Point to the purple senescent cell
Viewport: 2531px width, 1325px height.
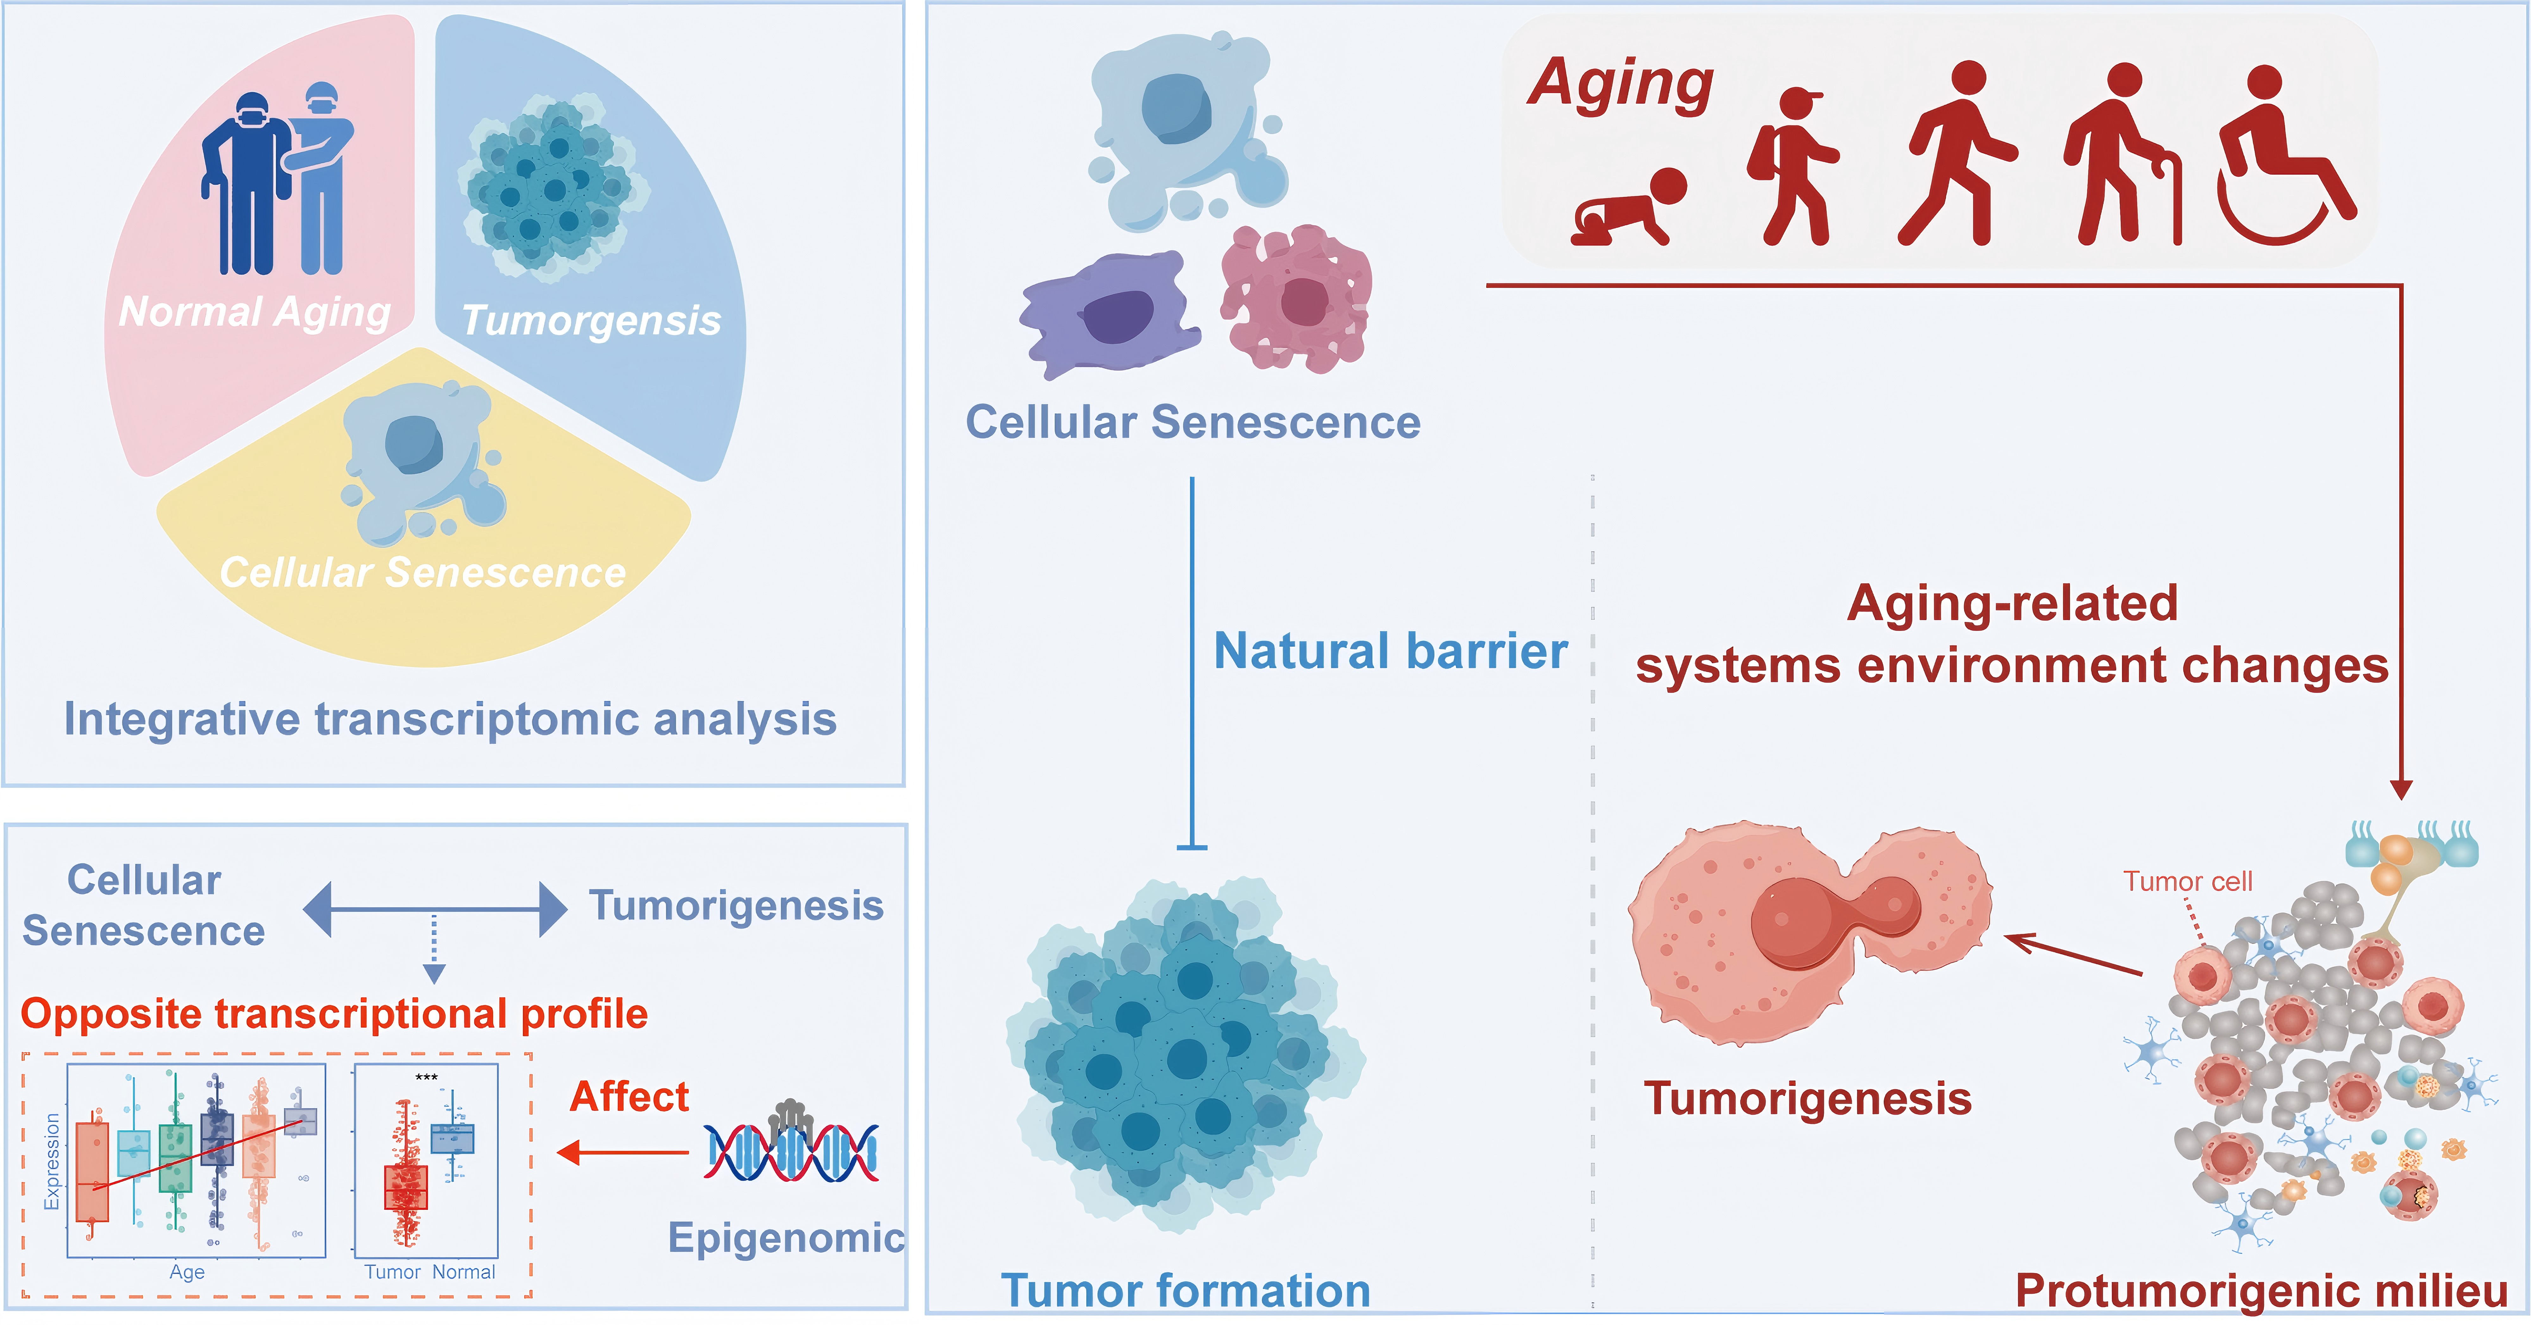(x=1110, y=314)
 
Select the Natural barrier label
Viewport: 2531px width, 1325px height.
(x=1390, y=651)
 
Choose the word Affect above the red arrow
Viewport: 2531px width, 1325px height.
(x=630, y=1096)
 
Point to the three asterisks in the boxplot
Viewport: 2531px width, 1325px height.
(x=426, y=1078)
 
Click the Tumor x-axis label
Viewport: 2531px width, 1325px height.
(x=392, y=1272)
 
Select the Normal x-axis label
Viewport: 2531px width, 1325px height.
(x=464, y=1272)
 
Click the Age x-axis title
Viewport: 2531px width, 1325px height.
(x=187, y=1272)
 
